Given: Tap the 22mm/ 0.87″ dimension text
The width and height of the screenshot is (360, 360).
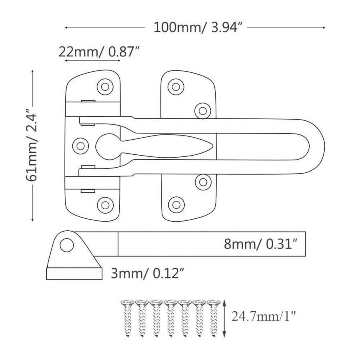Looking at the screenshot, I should click(x=99, y=52).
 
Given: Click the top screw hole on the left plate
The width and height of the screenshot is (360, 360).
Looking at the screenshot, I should click(x=105, y=86).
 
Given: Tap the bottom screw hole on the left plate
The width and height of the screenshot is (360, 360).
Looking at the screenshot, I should click(x=105, y=204).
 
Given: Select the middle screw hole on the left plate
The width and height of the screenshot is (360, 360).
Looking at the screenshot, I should click(x=80, y=144).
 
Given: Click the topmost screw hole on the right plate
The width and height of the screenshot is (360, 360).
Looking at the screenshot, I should click(x=176, y=86).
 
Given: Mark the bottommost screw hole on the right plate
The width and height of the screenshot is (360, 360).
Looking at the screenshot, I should click(x=176, y=204).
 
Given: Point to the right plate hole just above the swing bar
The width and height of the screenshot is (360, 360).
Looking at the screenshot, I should click(x=203, y=109).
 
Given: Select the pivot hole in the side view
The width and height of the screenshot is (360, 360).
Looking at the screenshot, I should click(x=67, y=244).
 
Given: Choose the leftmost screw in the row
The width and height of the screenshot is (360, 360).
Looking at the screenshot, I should click(x=127, y=318).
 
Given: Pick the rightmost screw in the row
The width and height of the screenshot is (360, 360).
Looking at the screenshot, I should click(x=213, y=318).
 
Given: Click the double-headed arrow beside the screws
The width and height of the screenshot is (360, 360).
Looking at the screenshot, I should click(x=225, y=318).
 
